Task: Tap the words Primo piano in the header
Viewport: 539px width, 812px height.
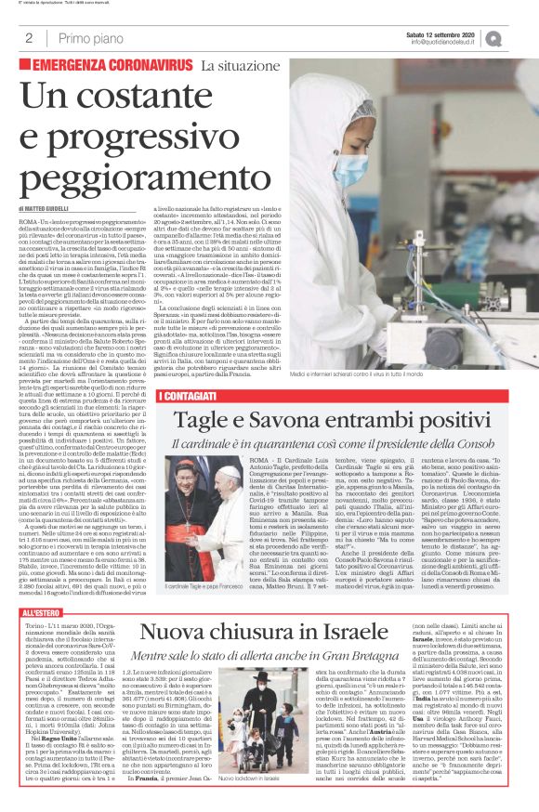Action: click(88, 39)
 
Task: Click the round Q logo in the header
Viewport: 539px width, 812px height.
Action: click(519, 38)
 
